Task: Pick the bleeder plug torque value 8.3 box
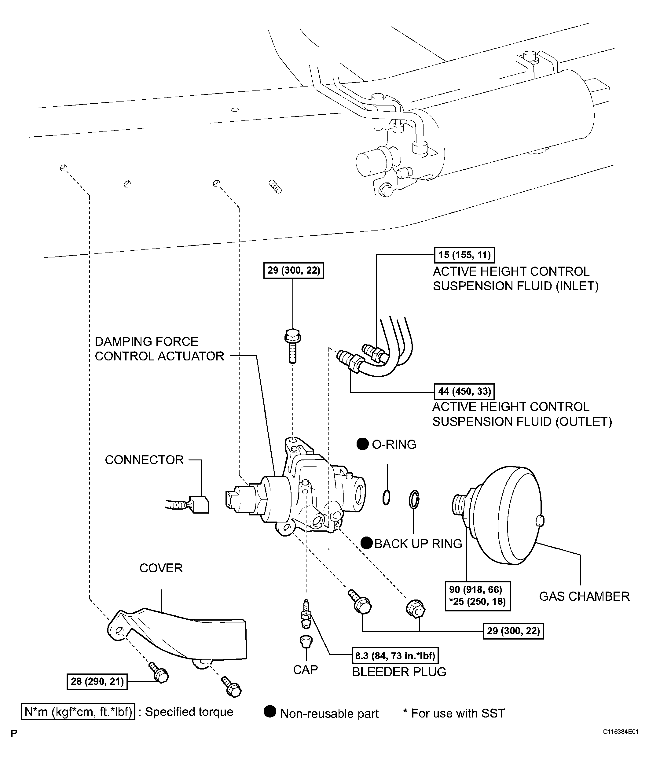[x=395, y=655]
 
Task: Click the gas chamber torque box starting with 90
[x=477, y=596]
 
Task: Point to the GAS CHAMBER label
[x=584, y=596]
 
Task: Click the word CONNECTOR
[x=144, y=460]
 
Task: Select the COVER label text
[x=161, y=568]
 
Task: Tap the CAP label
[x=305, y=670]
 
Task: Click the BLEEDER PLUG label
[x=399, y=672]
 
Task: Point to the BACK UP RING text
[x=418, y=544]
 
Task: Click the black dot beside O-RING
[x=362, y=444]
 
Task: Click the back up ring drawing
[x=414, y=499]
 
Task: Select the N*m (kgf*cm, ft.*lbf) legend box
[x=78, y=712]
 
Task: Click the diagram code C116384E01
[x=620, y=742]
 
